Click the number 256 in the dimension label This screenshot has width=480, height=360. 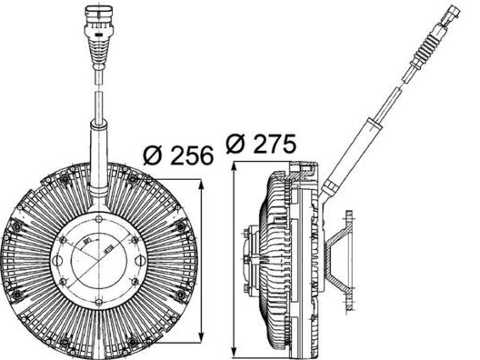tap(191, 155)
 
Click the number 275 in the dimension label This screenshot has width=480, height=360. tap(276, 144)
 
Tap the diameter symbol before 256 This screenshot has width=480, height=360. tap(154, 155)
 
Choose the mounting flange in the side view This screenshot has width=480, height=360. tap(345, 259)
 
